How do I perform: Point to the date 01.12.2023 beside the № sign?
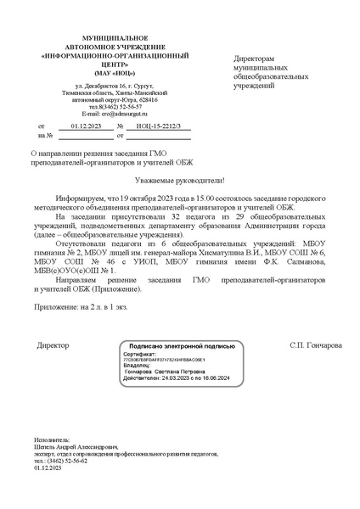(x=85, y=125)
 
